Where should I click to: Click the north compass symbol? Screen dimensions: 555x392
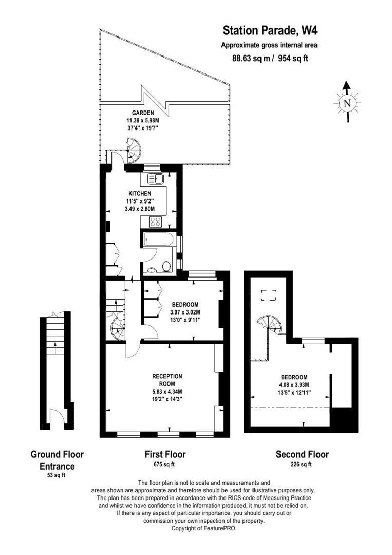347,102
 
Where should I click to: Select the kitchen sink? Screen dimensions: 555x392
155,179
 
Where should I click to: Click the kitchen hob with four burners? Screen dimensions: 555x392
155,222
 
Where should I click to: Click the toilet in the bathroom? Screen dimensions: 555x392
166,266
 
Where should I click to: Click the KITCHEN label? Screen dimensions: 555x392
140,193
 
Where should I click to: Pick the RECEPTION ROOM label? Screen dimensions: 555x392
167,380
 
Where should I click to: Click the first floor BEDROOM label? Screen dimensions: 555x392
185,304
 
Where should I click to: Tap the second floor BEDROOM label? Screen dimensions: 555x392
294,377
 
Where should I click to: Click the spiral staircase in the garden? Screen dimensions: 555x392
135,150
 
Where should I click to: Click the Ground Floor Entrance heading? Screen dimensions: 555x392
57,460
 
